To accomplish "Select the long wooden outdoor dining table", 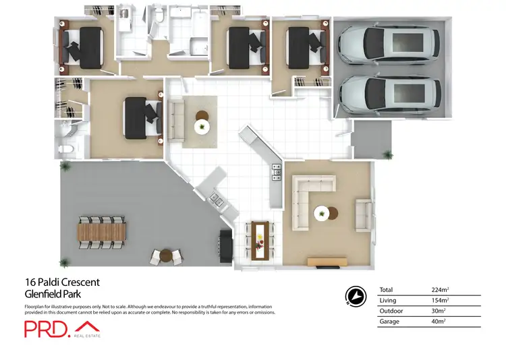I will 102,231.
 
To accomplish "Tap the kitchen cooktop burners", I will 276,173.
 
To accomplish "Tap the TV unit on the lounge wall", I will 327,262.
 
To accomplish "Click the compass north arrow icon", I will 353,295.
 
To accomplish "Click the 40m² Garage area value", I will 439,322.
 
